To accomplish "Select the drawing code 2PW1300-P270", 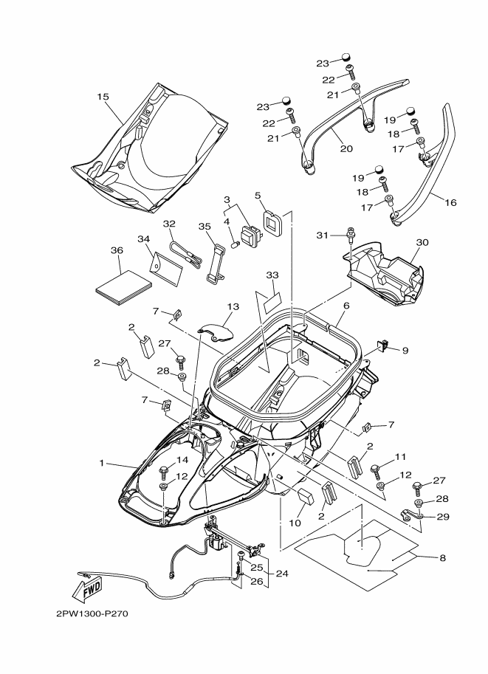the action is point(92,613).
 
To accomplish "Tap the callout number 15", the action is point(103,97).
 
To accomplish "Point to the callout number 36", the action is point(117,250).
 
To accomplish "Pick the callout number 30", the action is point(422,242).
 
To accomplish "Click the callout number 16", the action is point(450,202).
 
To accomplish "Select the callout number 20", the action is point(346,148).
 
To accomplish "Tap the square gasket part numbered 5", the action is point(272,224).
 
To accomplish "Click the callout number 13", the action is point(233,307).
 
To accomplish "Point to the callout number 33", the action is point(272,275).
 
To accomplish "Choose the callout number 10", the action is point(295,523).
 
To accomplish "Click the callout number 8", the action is point(442,558).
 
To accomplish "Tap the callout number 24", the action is point(282,574).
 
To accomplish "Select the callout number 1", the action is point(102,463).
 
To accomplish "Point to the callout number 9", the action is point(405,351).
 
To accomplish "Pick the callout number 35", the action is point(205,226).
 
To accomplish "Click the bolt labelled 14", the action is point(164,472).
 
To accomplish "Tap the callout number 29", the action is point(443,517).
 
